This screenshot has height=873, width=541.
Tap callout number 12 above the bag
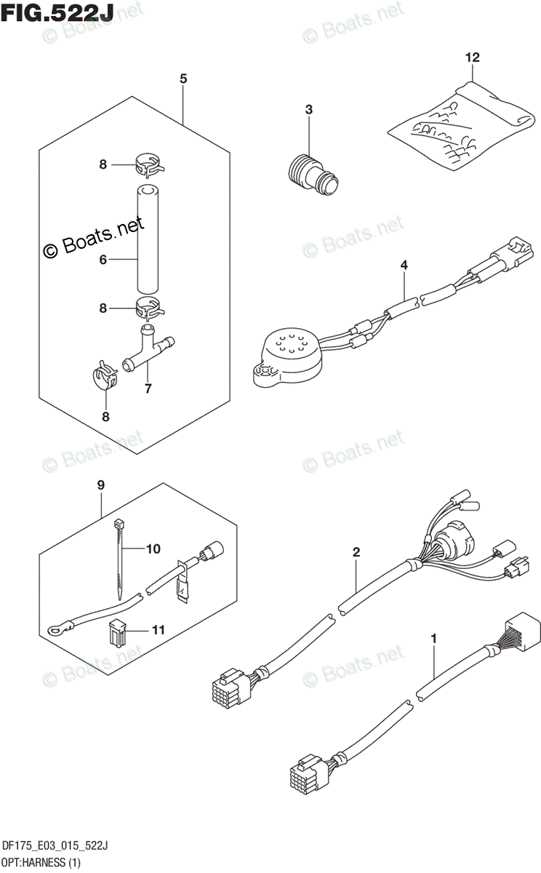tap(473, 56)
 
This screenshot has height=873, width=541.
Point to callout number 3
tap(308, 110)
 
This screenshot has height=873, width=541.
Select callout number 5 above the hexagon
tap(183, 79)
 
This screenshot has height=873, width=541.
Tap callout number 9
tap(101, 485)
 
